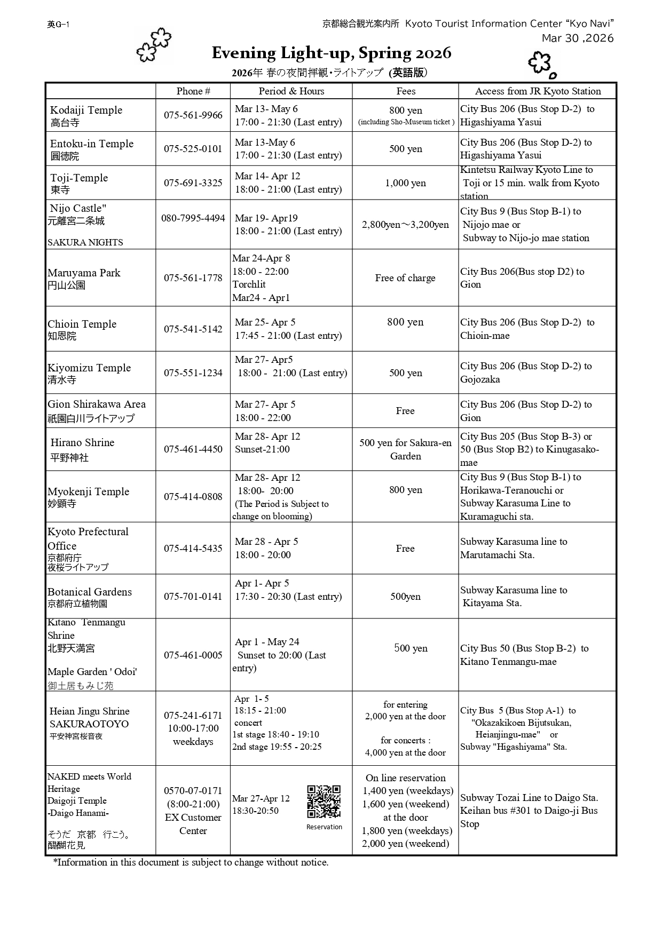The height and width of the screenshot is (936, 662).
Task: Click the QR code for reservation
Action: [x=324, y=801]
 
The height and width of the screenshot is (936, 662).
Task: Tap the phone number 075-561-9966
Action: [x=193, y=115]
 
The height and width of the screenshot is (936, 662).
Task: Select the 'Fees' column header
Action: [x=406, y=91]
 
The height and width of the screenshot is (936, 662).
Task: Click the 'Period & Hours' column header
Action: [x=291, y=91]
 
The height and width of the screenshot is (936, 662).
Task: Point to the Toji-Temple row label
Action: [x=79, y=178]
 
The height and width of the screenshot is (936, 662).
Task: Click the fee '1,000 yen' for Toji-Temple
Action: [x=406, y=183]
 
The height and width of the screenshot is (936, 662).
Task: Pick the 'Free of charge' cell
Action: [x=405, y=278]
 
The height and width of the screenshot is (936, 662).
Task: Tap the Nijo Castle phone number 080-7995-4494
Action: [x=193, y=218]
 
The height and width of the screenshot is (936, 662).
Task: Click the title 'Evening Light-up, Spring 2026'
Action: [x=331, y=53]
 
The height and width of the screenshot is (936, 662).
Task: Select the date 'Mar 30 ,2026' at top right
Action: [x=578, y=38]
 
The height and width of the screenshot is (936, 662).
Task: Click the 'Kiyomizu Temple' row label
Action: [x=89, y=368]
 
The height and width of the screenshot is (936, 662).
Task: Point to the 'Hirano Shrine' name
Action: [x=82, y=442]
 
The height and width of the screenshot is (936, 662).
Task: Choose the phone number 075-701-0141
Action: [x=193, y=596]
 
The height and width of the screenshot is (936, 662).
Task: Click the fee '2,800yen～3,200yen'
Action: [x=405, y=225]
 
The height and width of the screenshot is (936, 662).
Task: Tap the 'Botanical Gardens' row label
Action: [x=90, y=592]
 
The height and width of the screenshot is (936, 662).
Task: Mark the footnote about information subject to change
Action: [x=191, y=862]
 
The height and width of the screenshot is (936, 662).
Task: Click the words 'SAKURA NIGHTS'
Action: [x=85, y=242]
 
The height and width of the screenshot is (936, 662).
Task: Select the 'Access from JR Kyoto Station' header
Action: [x=538, y=91]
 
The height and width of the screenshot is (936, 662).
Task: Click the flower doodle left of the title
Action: [x=154, y=45]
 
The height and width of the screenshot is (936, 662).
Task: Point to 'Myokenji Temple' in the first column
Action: [x=89, y=491]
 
